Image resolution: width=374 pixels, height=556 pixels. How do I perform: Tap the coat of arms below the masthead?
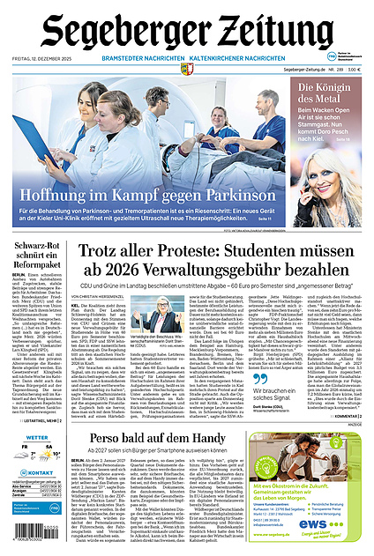[187, 69]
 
